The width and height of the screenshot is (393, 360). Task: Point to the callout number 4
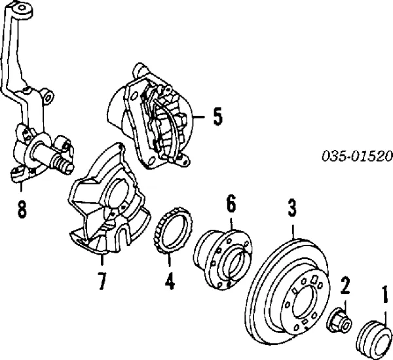point(169,281)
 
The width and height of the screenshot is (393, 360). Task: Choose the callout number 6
point(231,205)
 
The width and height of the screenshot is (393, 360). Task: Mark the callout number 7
point(102,281)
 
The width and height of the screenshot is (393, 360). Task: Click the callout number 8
point(22,209)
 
